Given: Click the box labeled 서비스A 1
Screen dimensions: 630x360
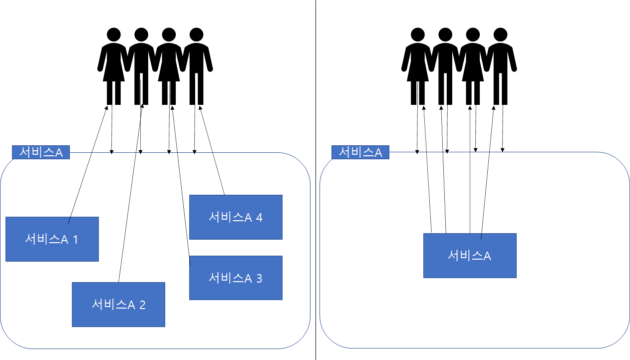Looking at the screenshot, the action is [52, 239].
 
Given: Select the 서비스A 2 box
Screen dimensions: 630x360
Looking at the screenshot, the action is [118, 305].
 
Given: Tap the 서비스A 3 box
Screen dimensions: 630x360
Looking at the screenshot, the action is [236, 278].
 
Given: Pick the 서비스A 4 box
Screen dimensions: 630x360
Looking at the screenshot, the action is [236, 217].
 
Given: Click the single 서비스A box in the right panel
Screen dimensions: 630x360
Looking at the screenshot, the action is [470, 256].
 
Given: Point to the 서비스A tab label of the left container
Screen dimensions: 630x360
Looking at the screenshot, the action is [41, 152].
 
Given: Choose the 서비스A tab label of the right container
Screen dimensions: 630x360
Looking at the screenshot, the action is [360, 152].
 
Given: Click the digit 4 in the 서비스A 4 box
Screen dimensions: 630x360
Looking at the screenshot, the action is [259, 217].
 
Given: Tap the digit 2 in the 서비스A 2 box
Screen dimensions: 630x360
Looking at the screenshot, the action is [142, 305].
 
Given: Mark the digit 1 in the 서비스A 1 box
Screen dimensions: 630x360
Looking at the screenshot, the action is [75, 239].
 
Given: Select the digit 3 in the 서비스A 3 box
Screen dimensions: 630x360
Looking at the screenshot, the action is [259, 279].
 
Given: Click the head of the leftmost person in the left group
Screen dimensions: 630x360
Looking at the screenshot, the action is [114, 34].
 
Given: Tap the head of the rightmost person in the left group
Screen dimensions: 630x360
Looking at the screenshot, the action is [196, 34].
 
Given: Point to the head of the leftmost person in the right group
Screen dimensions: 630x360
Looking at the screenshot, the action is [418, 34].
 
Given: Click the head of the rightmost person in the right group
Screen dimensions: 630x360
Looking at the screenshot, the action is [500, 34].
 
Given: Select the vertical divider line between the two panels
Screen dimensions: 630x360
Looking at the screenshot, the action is [315, 180].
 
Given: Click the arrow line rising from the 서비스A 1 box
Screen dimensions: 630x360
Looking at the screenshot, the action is [88, 165].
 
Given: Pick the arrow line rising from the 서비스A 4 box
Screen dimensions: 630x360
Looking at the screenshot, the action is [212, 150].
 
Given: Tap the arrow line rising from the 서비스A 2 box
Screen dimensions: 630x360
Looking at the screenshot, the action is [130, 193].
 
